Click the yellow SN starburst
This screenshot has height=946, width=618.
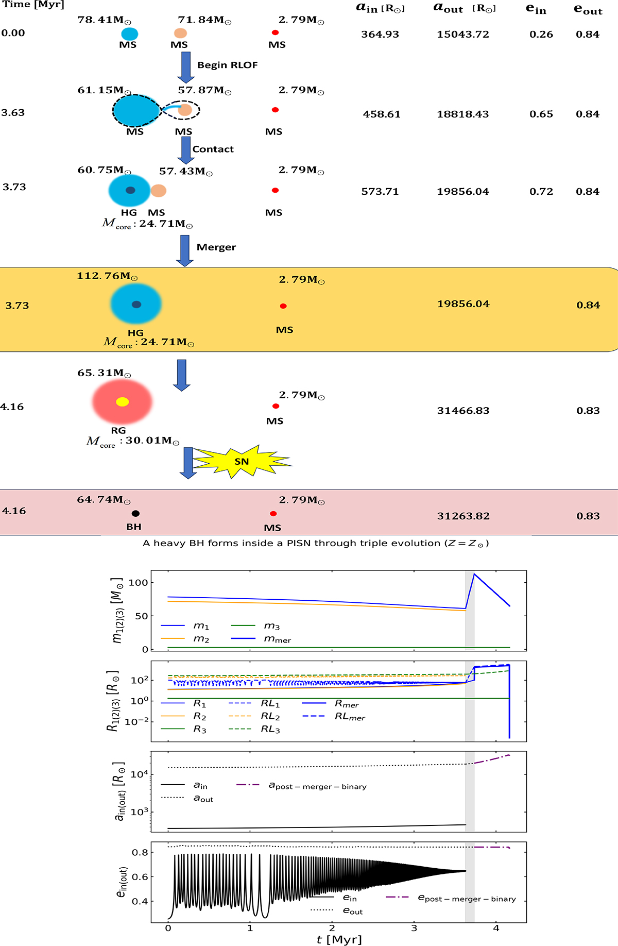[241, 462]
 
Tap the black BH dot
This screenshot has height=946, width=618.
[135, 513]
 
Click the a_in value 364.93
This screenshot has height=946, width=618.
[380, 35]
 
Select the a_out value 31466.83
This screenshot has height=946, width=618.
[463, 411]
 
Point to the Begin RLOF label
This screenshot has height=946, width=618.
[228, 65]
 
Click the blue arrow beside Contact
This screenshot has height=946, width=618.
[185, 150]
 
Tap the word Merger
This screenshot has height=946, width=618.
[216, 247]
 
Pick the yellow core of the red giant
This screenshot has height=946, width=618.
[122, 402]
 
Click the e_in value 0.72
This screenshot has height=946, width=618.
[541, 192]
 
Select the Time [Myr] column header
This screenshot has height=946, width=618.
[33, 5]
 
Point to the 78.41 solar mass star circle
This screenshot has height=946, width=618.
[129, 34]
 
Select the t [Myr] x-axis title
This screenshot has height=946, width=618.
[339, 939]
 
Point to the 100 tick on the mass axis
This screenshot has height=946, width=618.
[138, 583]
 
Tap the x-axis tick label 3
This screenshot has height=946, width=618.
[414, 928]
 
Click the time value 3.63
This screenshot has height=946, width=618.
[13, 113]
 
